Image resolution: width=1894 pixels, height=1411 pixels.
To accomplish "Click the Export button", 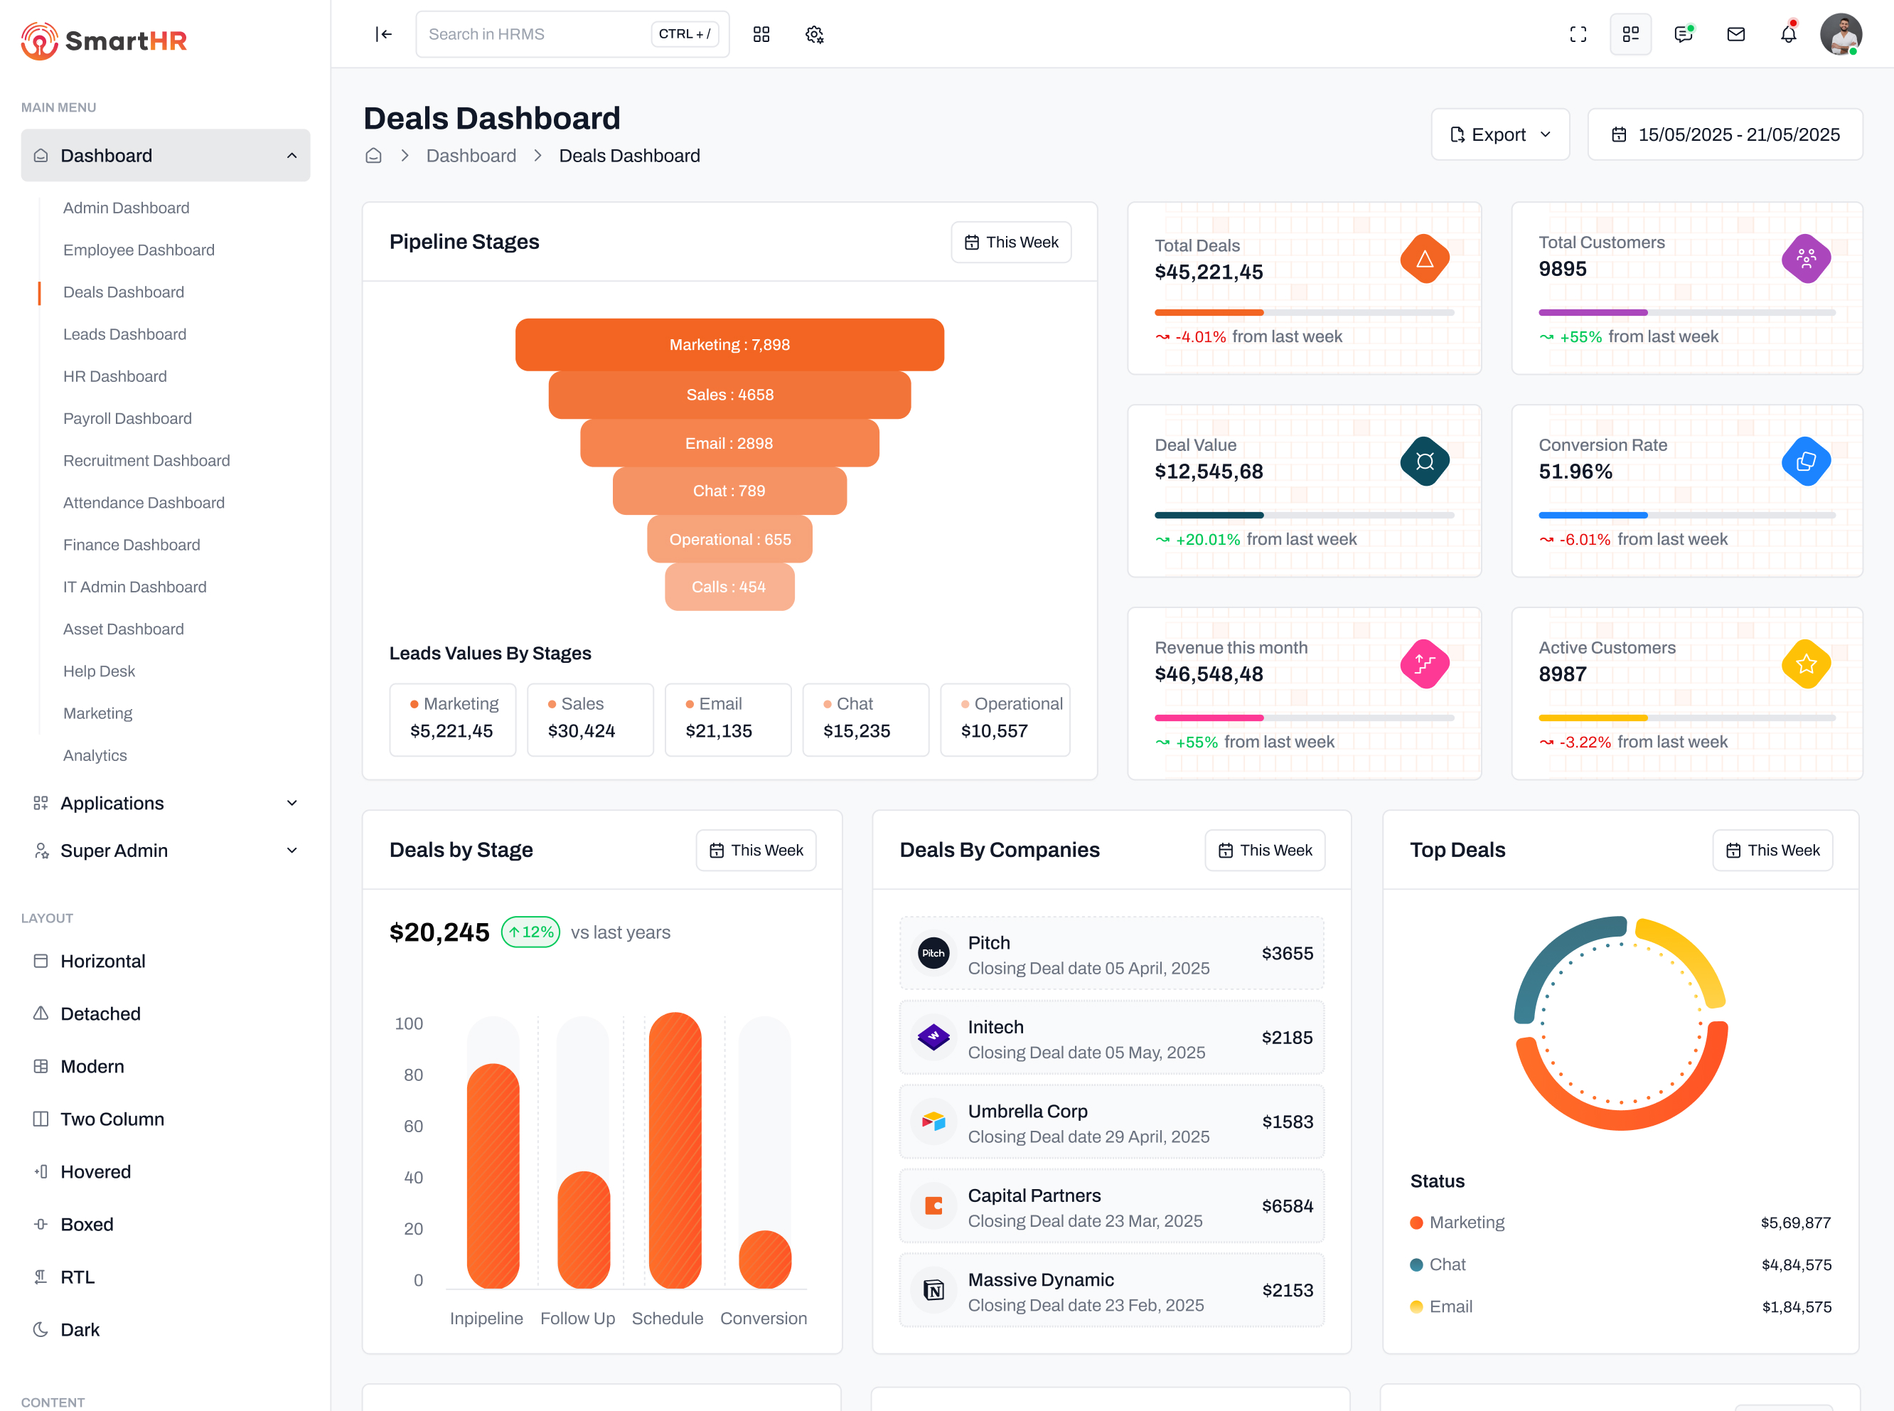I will click(x=1499, y=135).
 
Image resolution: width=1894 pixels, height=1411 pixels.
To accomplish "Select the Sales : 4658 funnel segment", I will click(x=729, y=395).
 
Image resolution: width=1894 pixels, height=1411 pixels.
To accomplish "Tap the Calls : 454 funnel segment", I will click(x=729, y=587).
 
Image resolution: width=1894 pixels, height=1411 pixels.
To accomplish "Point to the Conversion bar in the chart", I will click(x=764, y=1259).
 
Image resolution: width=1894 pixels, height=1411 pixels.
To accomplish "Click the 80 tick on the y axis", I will click(x=413, y=1075).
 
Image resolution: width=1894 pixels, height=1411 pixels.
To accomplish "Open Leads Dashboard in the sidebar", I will click(x=124, y=334).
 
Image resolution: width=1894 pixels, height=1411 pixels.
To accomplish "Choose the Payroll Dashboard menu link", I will click(x=127, y=418).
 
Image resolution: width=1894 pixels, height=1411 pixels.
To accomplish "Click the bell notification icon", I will click(x=1788, y=34).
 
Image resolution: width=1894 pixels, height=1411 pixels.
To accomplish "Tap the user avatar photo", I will click(x=1840, y=34).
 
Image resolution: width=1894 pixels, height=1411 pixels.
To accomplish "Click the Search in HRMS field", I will click(x=534, y=34).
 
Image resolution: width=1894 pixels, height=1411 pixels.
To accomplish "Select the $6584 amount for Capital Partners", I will click(x=1287, y=1206).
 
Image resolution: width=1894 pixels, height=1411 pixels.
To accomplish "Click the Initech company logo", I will click(x=933, y=1038).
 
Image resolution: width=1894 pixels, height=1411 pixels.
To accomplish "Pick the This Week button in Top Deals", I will click(x=1772, y=850).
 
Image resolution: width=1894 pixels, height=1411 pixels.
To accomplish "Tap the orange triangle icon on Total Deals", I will click(x=1424, y=259).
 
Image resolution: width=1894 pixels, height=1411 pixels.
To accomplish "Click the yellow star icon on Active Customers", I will click(x=1806, y=664).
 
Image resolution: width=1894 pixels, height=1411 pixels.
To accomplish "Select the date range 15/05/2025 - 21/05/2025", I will click(x=1725, y=135).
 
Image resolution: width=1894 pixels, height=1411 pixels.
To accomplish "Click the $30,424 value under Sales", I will click(x=582, y=731).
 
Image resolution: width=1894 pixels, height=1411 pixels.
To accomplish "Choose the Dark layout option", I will click(x=80, y=1330).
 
